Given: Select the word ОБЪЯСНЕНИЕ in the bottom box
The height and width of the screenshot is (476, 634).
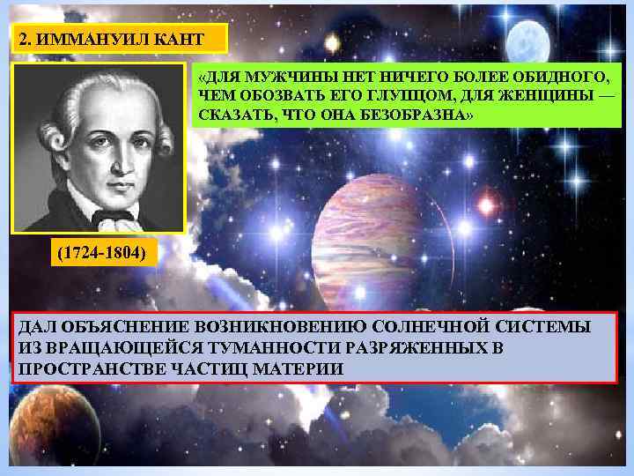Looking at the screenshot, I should pos(116,326).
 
